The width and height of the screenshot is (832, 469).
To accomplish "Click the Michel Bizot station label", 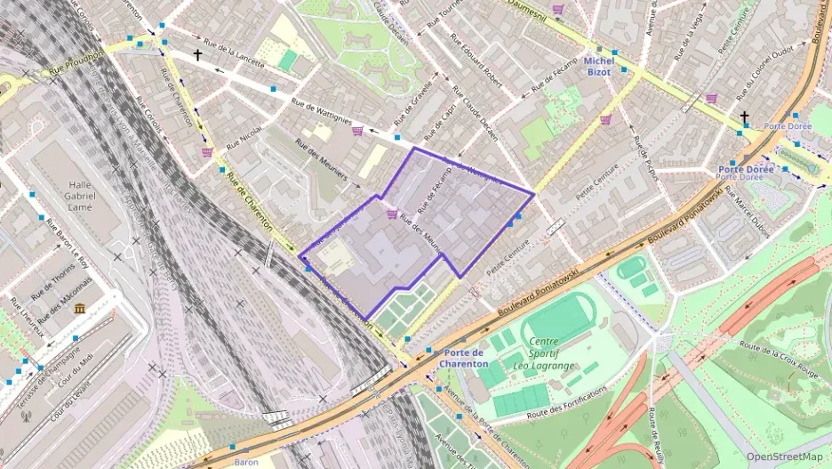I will pyautogui.click(x=598, y=66).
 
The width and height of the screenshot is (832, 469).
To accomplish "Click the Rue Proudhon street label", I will pyautogui.click(x=76, y=61).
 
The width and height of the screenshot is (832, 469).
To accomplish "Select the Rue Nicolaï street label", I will pyautogui.click(x=244, y=135).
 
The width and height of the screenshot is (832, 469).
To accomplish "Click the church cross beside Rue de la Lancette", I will pyautogui.click(x=197, y=55).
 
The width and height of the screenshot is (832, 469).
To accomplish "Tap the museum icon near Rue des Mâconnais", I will pyautogui.click(x=80, y=308).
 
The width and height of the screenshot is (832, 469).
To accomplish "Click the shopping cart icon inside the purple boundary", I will pyautogui.click(x=392, y=214).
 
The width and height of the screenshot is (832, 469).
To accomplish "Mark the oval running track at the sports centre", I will pyautogui.click(x=560, y=318).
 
